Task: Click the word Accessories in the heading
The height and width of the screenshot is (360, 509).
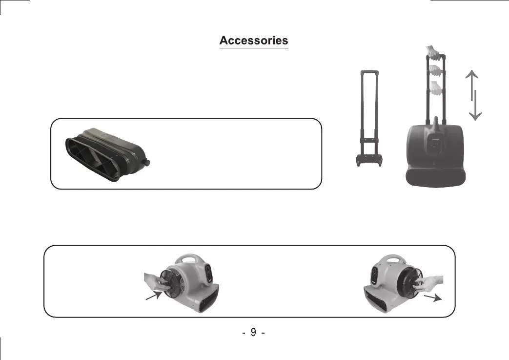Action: pos(254,41)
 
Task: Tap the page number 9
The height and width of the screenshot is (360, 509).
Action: pos(254,332)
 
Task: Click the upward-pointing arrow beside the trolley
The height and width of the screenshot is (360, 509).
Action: pos(472,85)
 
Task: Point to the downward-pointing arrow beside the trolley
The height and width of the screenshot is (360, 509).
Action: pos(475,106)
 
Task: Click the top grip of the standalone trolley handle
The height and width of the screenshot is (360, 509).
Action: pos(369,71)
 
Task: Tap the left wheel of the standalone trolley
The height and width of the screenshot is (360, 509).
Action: pos(358,162)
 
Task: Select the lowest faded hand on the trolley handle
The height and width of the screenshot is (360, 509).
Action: pos(436,88)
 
